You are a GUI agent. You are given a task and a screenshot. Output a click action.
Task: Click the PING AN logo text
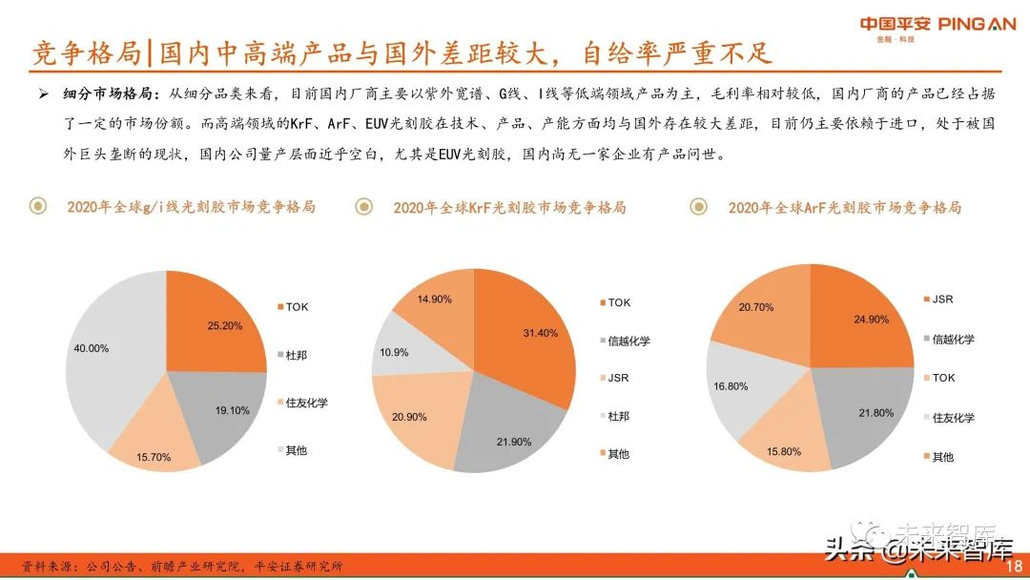[977, 24]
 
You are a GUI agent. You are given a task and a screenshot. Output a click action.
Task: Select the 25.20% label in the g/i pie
[225, 325]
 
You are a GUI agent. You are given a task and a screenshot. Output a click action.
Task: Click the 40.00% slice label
[92, 348]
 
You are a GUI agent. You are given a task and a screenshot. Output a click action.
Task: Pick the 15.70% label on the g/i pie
[153, 457]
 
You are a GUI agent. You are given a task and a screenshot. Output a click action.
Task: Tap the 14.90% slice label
[434, 299]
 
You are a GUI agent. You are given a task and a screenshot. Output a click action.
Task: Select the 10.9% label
[393, 352]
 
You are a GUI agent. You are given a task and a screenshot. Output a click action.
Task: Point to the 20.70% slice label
[755, 307]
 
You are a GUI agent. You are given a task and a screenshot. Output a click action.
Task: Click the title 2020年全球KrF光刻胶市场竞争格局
[509, 207]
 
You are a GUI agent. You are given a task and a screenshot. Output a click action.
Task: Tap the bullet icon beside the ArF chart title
[698, 206]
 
